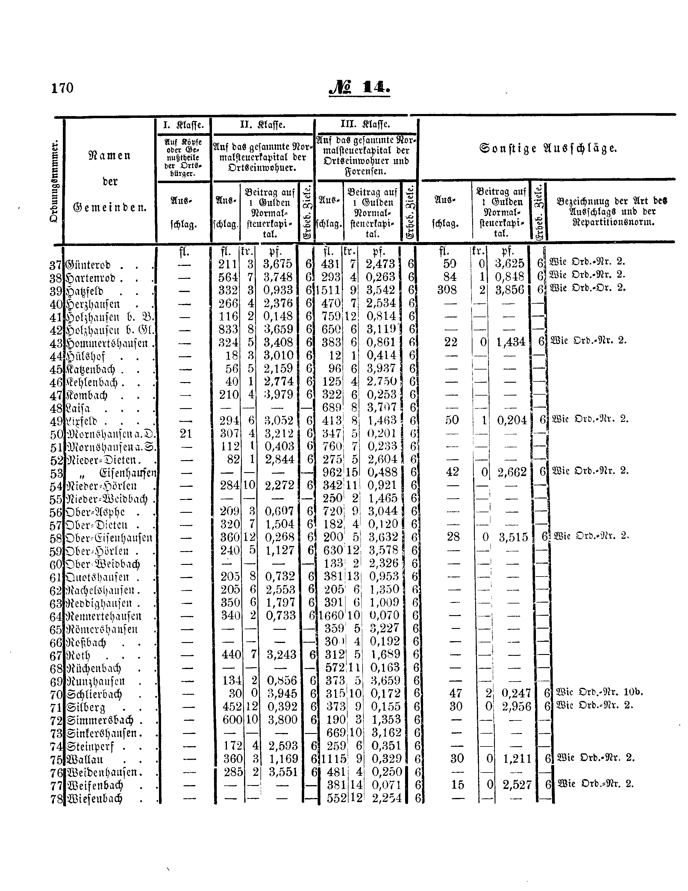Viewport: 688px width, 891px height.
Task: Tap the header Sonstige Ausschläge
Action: [548, 148]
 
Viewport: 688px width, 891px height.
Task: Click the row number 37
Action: [55, 265]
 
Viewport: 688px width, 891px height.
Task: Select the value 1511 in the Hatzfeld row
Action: [330, 290]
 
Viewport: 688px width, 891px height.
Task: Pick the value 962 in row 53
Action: [332, 472]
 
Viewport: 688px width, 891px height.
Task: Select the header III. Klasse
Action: [366, 124]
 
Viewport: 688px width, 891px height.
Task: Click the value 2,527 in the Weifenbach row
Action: [516, 784]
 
